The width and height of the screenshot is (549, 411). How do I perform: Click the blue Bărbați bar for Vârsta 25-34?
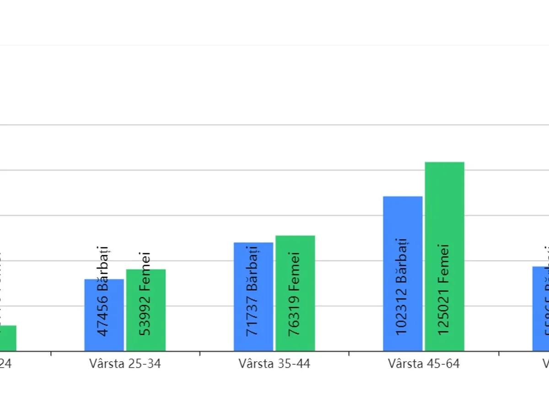point(104,315)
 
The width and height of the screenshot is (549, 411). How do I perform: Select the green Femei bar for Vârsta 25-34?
point(146,310)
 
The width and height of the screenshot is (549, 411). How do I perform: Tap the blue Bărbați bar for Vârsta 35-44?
point(253,297)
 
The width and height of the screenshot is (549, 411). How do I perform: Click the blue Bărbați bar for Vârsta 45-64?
point(403,274)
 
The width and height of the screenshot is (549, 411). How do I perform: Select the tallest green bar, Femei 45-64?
point(445,256)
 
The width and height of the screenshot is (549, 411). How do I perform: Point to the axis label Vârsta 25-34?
point(125,364)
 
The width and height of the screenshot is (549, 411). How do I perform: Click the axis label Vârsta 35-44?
point(274,364)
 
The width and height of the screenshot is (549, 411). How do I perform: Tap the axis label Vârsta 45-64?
point(424,364)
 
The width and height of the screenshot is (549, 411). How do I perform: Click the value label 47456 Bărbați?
point(104,291)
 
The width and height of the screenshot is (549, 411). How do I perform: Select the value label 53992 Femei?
point(145,294)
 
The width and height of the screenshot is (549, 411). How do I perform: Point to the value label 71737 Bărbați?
point(253,291)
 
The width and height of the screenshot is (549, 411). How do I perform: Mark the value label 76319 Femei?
point(294,294)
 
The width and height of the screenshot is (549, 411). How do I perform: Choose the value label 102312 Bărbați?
point(402,286)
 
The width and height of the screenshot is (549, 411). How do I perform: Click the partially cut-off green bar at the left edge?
point(8,338)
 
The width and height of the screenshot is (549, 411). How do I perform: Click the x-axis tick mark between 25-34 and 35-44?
point(200,353)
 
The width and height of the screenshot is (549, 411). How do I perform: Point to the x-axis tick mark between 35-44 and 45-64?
point(349,353)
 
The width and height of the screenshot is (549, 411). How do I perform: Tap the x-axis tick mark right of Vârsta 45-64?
point(499,353)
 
